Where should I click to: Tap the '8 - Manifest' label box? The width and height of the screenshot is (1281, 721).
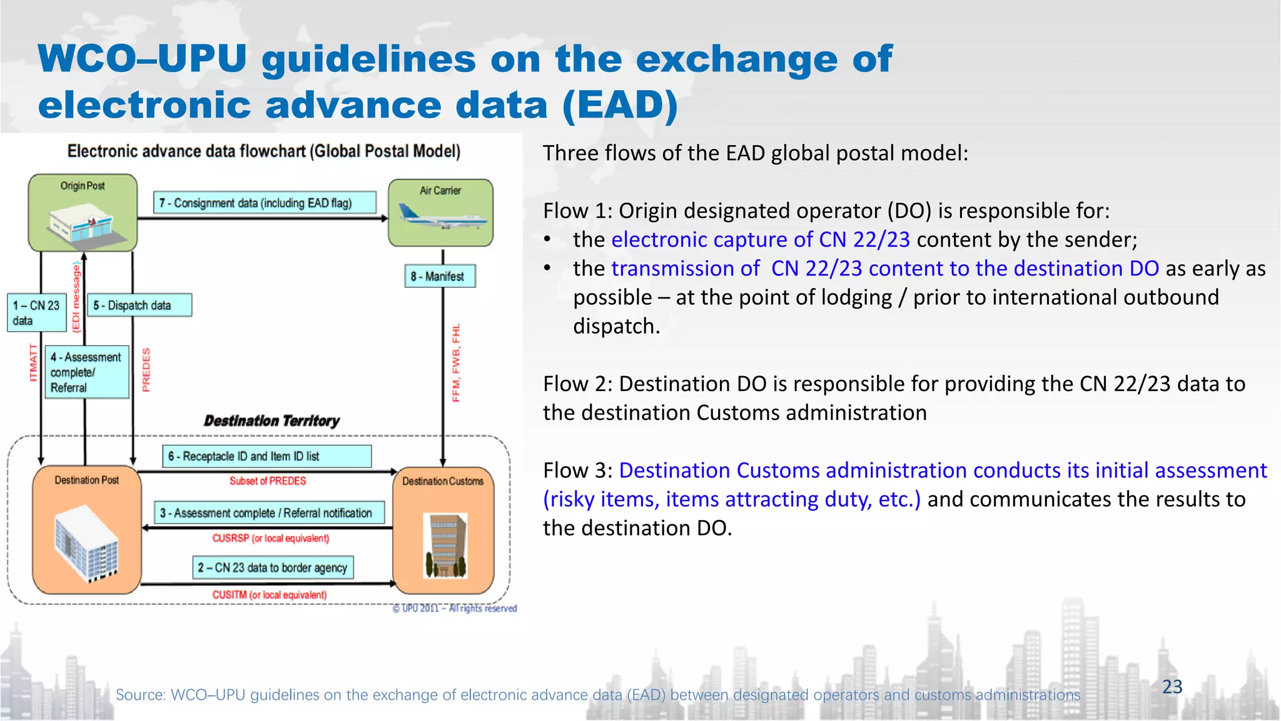point(440,276)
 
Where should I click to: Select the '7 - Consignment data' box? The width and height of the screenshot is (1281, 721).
point(265,203)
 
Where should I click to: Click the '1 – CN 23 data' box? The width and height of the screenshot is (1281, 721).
point(36,312)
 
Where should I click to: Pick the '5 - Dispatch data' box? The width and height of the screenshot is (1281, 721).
point(139,305)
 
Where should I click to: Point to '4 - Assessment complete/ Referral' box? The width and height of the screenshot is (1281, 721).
point(88,372)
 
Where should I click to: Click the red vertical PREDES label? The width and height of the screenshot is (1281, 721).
point(146,370)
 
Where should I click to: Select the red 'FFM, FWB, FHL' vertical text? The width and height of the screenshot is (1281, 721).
point(456,362)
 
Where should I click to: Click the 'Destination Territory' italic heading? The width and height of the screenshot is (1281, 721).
point(271,421)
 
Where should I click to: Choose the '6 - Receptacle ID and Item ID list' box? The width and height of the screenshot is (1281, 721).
point(267,456)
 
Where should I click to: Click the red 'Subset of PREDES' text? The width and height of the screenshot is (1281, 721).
point(268,481)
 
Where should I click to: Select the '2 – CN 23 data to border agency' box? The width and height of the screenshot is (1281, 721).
point(273,568)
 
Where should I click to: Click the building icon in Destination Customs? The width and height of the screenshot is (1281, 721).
point(445,545)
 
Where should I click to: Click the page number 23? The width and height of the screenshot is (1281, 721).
point(1172,687)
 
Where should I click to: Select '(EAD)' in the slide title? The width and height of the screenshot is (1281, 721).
point(619,105)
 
